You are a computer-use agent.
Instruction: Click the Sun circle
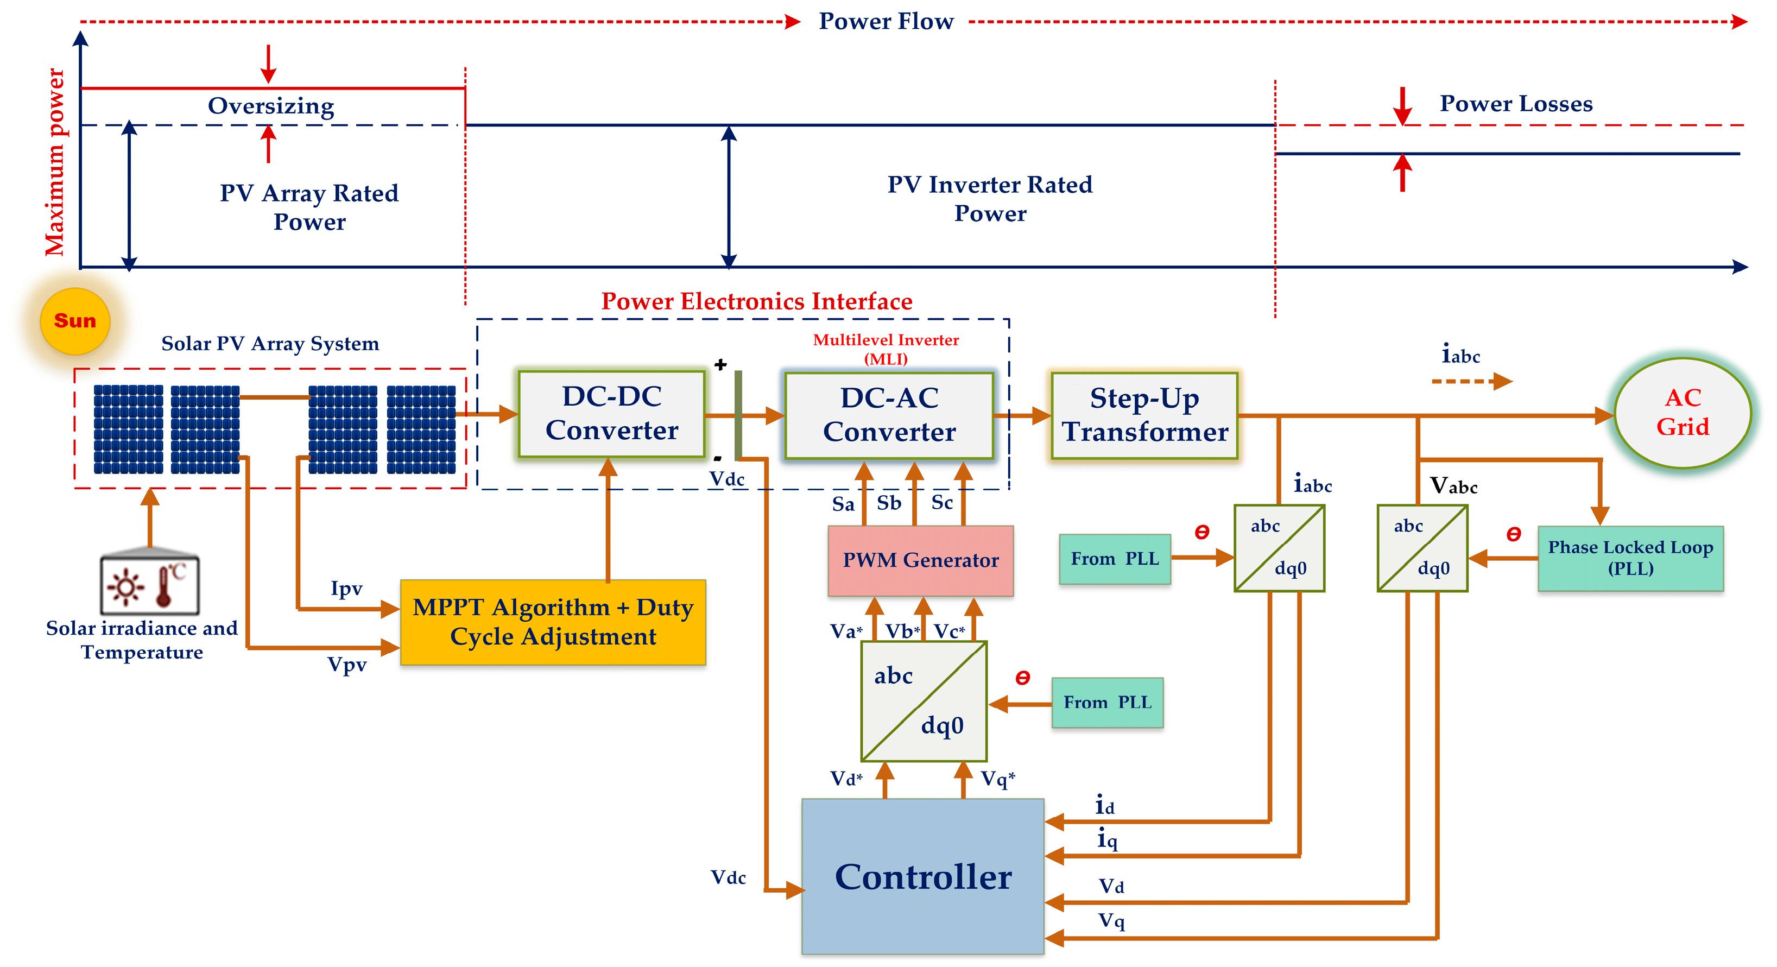click(75, 321)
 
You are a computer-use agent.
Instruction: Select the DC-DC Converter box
click(611, 414)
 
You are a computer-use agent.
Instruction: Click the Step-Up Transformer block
click(1144, 415)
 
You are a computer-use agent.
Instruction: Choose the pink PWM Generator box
click(920, 560)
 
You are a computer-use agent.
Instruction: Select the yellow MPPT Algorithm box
click(553, 622)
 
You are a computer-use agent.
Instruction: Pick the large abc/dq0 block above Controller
click(924, 701)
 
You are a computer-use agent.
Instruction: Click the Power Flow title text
click(886, 21)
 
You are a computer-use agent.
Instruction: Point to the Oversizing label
click(271, 106)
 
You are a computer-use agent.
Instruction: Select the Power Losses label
click(1515, 104)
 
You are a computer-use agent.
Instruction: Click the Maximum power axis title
click(55, 162)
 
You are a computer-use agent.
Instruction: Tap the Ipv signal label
click(346, 589)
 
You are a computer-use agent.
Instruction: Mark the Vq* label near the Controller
click(997, 779)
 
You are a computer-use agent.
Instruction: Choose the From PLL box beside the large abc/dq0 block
click(1106, 702)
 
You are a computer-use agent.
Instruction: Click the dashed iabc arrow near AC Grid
click(1471, 381)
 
